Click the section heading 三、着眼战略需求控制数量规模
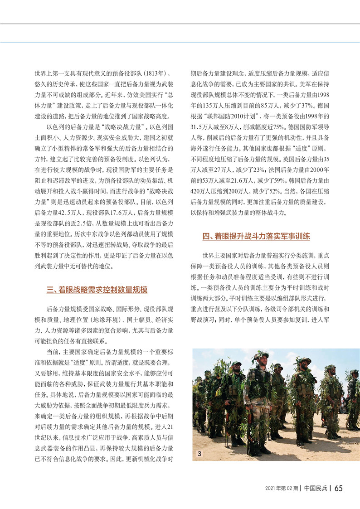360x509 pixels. pos(97,290)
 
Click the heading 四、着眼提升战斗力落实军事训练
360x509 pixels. pos(256,236)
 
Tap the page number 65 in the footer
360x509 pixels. pos(339,488)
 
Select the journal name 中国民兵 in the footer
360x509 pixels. pos(316,488)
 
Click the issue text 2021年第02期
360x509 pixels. pos(281,488)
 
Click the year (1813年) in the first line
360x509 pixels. pos(157,73)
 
